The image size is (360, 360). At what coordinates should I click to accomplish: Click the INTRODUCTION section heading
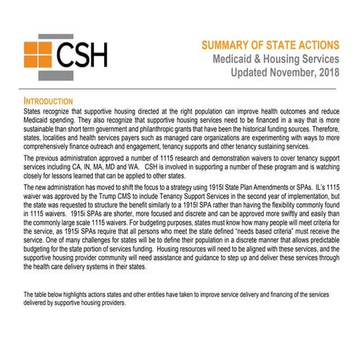point(49,100)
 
